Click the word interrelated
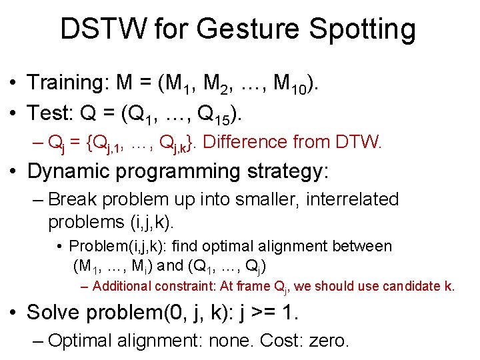(351, 199)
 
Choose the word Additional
(122, 287)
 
